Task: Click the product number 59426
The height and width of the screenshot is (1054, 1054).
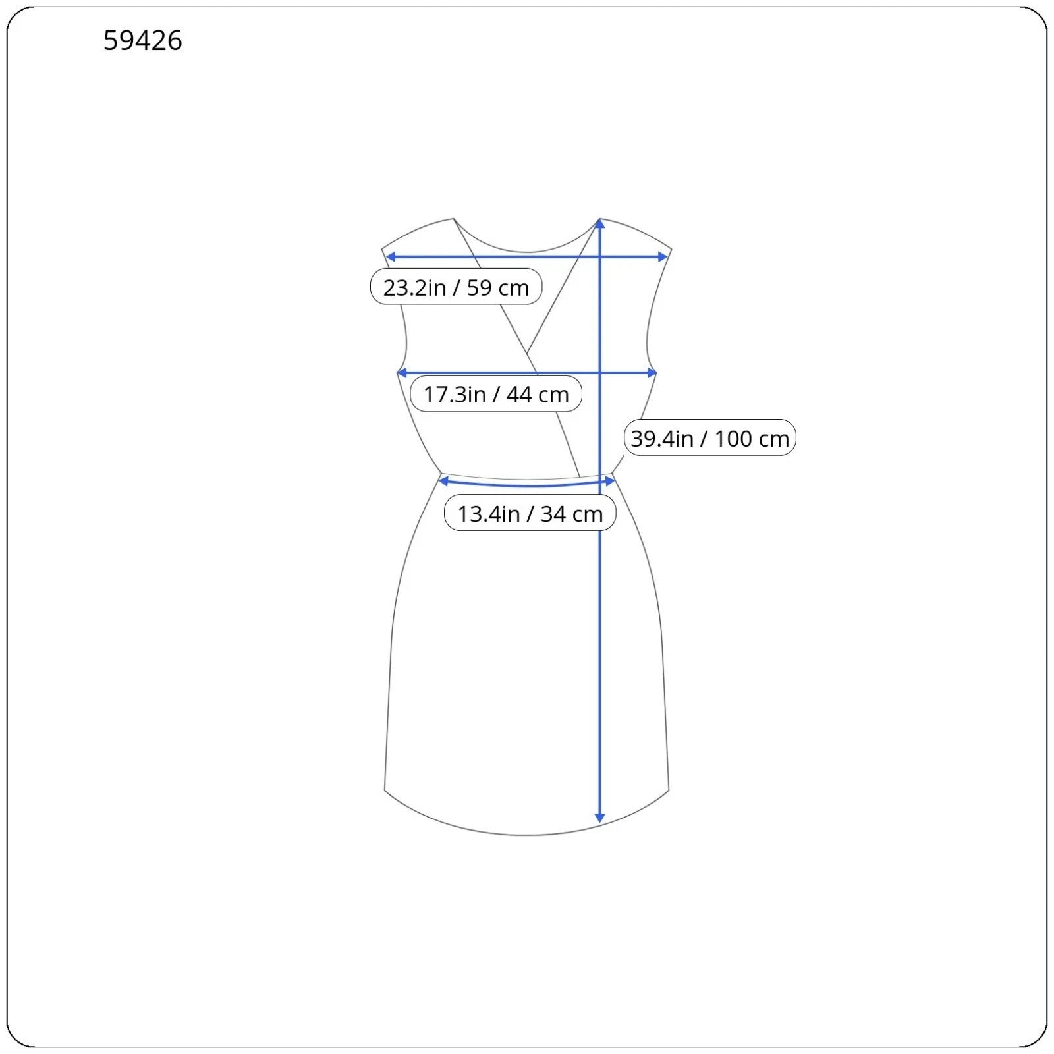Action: point(142,41)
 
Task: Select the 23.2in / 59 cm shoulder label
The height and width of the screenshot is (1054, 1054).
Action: point(456,287)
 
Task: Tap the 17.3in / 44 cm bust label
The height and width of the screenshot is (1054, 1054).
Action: point(496,394)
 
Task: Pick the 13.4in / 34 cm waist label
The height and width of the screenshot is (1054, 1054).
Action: point(530,513)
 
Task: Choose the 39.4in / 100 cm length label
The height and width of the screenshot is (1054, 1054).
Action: point(710,437)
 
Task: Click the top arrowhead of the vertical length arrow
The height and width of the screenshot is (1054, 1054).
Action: point(599,224)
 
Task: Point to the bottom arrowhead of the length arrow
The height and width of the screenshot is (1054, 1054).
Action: point(599,818)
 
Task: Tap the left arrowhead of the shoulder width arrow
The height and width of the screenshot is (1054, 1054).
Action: point(390,256)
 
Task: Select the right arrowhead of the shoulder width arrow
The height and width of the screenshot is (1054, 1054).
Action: point(663,256)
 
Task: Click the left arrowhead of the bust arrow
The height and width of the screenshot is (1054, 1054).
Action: point(402,373)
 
